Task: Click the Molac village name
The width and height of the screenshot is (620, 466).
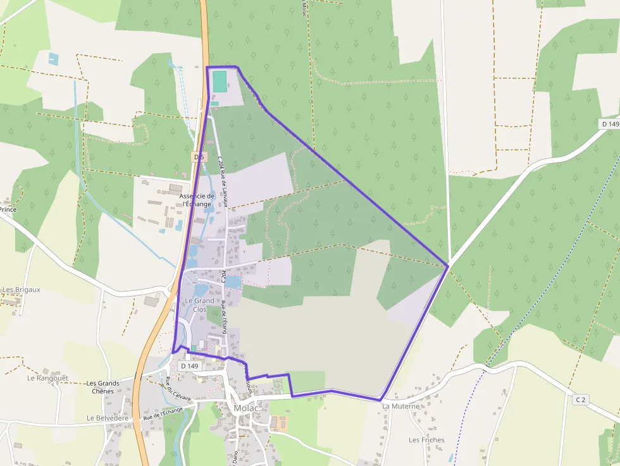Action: click(x=247, y=408)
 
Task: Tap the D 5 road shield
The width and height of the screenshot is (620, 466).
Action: click(x=199, y=156)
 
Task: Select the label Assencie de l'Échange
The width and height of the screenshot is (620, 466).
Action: click(x=197, y=200)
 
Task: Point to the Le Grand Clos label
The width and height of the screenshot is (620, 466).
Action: click(x=200, y=305)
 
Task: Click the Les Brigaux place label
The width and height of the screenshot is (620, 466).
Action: click(x=22, y=290)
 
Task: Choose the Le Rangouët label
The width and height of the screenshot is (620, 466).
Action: click(x=47, y=378)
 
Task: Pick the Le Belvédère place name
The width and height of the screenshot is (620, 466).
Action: click(x=108, y=418)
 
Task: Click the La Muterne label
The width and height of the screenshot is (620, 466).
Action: click(x=401, y=406)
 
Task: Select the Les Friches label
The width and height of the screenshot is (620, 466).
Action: click(x=426, y=440)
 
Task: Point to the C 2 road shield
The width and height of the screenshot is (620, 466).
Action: click(x=580, y=400)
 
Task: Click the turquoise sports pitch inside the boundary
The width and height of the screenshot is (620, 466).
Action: click(x=219, y=81)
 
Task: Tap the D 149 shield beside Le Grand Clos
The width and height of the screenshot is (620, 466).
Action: click(x=189, y=365)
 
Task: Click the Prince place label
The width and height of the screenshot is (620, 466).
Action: click(x=8, y=209)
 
